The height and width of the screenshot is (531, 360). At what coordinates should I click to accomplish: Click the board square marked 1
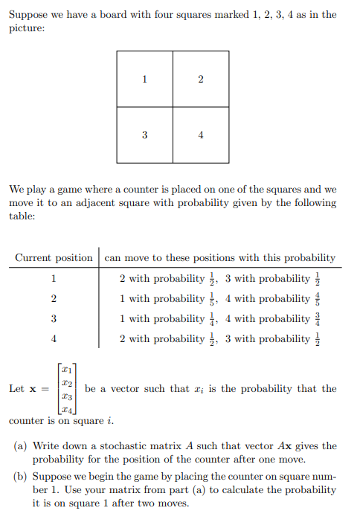pyautogui.click(x=144, y=79)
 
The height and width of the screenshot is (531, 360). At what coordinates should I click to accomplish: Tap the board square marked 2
pyautogui.click(x=201, y=79)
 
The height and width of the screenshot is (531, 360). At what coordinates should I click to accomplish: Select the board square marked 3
pyautogui.click(x=144, y=135)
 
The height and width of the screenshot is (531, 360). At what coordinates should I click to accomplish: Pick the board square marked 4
pyautogui.click(x=201, y=135)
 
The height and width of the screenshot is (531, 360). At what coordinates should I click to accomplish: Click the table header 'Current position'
pyautogui.click(x=54, y=258)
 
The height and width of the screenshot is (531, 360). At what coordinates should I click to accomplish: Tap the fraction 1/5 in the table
pyautogui.click(x=211, y=298)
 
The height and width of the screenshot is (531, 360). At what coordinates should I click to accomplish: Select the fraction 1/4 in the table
pyautogui.click(x=211, y=318)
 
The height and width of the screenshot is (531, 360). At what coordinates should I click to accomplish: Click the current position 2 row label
pyautogui.click(x=54, y=299)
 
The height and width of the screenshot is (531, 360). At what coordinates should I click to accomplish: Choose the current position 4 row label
pyautogui.click(x=54, y=339)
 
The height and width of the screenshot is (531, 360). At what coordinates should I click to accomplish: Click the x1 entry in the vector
pyautogui.click(x=67, y=370)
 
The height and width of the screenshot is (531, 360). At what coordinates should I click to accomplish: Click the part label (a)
pyautogui.click(x=22, y=446)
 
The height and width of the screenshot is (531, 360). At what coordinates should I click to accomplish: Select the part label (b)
pyautogui.click(x=22, y=476)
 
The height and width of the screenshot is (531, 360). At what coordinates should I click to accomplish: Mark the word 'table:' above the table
pyautogui.click(x=22, y=216)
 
